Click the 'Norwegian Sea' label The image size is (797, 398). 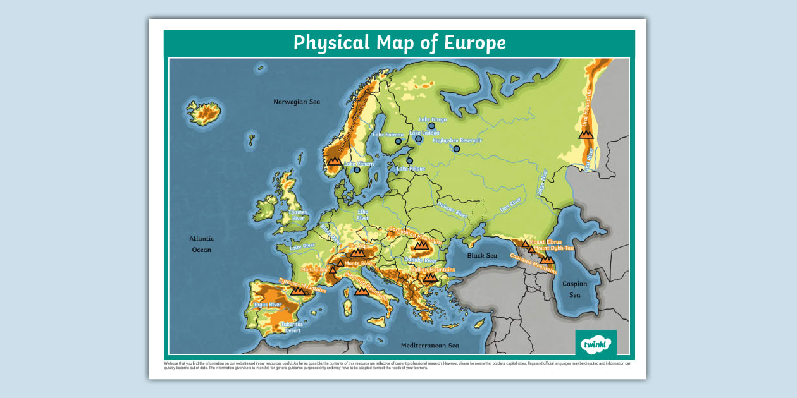click(x=297, y=102)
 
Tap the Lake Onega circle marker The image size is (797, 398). click(x=432, y=126)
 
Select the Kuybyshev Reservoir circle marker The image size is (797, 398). click(x=457, y=149)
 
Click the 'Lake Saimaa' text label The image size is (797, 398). click(x=388, y=135)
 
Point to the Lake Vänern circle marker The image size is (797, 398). click(x=357, y=170)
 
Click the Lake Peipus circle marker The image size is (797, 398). click(x=409, y=161)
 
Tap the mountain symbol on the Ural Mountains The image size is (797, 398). click(x=586, y=134)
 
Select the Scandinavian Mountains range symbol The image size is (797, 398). click(x=335, y=161)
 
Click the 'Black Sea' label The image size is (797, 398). click(x=482, y=256)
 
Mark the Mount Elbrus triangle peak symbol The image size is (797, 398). click(x=524, y=243)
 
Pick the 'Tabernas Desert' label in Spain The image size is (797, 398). click(x=292, y=327)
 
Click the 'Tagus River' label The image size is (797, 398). click(x=267, y=305)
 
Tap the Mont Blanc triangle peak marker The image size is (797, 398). click(x=333, y=270)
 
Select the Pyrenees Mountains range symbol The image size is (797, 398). click(x=297, y=291)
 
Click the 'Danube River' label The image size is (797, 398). click(x=421, y=260)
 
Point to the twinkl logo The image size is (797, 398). click(x=595, y=344)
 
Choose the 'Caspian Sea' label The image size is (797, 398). click(x=574, y=289)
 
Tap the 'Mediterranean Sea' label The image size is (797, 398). click(x=430, y=346)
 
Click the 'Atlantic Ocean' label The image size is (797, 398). click(x=202, y=244)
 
